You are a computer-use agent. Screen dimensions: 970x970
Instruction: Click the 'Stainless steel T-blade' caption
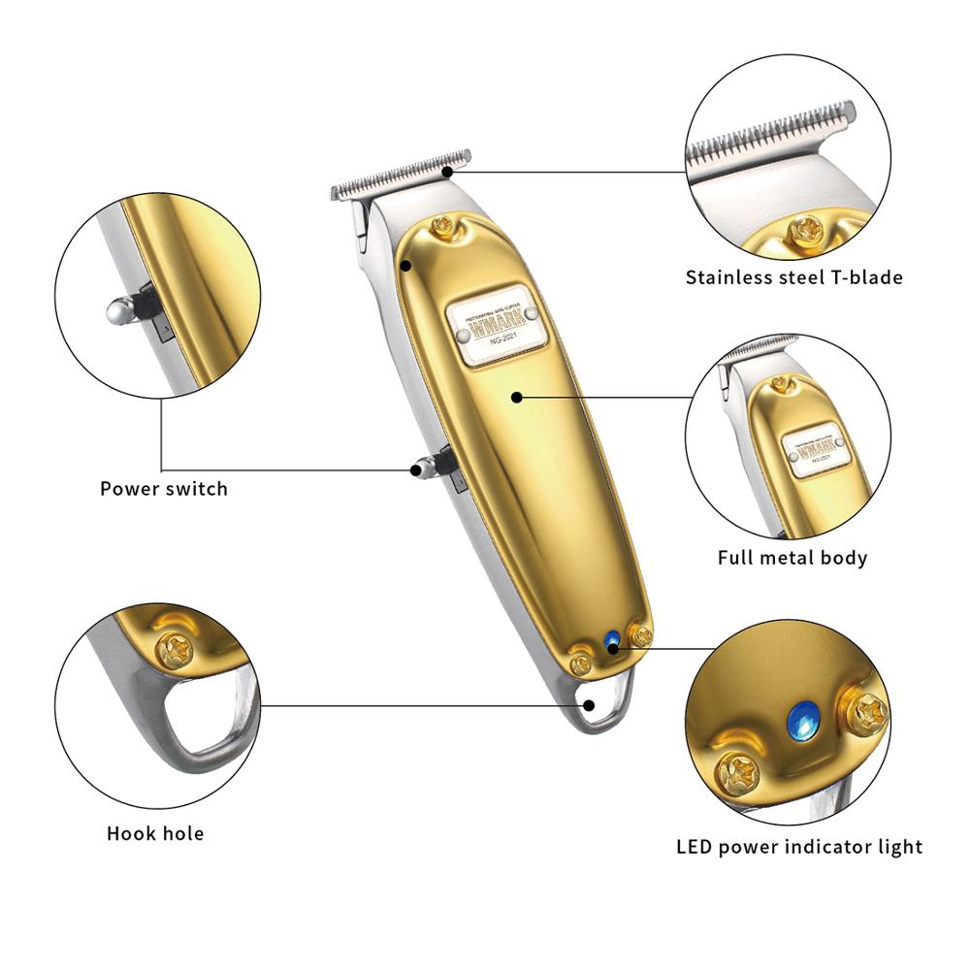tap(793, 277)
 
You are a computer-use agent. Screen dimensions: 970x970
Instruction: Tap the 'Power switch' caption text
tap(164, 489)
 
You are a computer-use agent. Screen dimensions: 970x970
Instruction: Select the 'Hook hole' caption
tap(155, 833)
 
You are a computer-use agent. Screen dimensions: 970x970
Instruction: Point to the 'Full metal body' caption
tap(792, 558)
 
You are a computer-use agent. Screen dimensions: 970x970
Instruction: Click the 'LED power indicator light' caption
tap(799, 847)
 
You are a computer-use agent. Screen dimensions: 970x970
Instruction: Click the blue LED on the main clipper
tap(611, 640)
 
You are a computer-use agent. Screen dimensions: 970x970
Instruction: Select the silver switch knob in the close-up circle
tap(119, 310)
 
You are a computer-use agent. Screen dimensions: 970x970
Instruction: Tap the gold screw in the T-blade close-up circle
tap(807, 229)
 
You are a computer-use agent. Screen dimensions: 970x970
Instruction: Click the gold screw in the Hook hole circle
tap(177, 651)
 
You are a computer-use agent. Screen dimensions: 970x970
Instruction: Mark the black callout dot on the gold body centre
tap(517, 396)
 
